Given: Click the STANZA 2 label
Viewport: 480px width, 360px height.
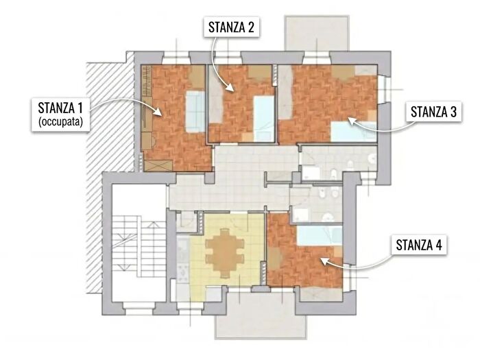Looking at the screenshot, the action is (x=232, y=27).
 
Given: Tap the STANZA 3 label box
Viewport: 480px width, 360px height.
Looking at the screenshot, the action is (x=433, y=112).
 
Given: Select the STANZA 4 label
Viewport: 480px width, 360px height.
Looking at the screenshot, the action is (x=419, y=245).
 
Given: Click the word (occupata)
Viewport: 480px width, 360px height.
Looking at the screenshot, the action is (x=60, y=122).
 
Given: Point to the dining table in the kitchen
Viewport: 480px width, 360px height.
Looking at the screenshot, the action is (x=225, y=253).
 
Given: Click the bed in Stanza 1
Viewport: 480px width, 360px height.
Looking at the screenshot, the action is (x=195, y=111).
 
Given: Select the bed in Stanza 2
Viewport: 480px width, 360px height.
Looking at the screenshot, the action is (x=263, y=119).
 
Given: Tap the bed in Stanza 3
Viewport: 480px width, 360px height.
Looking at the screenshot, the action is (x=354, y=132).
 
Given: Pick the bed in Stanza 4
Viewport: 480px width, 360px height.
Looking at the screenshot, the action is (x=320, y=235).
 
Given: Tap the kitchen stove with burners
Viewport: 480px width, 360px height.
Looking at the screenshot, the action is (x=183, y=272).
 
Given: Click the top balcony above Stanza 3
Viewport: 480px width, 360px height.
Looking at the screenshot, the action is (x=317, y=33).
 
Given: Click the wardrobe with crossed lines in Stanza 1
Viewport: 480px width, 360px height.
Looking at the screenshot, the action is (x=158, y=166).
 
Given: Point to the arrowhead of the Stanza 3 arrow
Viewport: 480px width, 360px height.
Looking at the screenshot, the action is (x=352, y=121).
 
